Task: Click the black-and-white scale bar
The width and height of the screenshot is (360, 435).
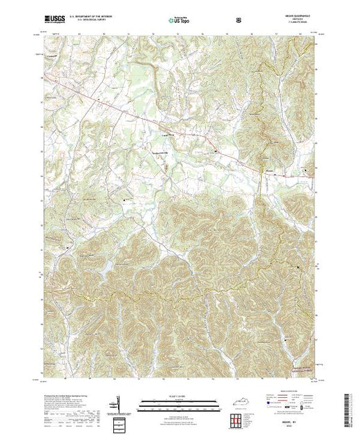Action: pos(180,400)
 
